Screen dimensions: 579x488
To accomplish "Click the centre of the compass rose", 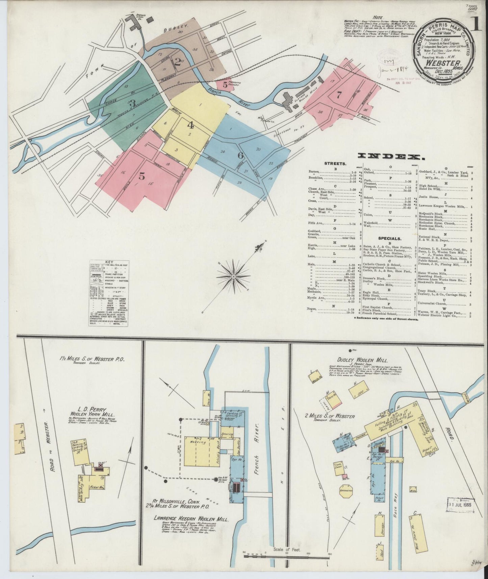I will (233, 277).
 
